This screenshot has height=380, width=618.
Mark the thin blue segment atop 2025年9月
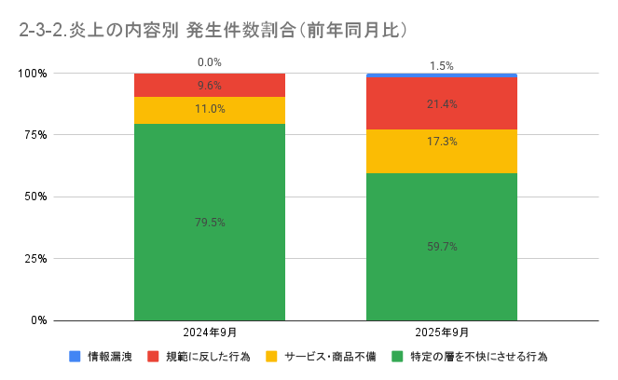[442, 75]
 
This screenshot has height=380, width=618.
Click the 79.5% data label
[210, 222]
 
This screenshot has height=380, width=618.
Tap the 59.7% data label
[442, 247]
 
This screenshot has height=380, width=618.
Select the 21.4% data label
[442, 104]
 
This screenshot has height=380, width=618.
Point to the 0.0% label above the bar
[210, 62]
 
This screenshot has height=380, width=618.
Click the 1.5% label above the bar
[442, 66]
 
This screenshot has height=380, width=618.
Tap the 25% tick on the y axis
[35, 258]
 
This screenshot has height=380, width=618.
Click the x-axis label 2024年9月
[210, 332]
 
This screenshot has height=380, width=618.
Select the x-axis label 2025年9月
[442, 332]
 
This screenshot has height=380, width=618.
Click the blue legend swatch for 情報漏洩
[75, 357]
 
